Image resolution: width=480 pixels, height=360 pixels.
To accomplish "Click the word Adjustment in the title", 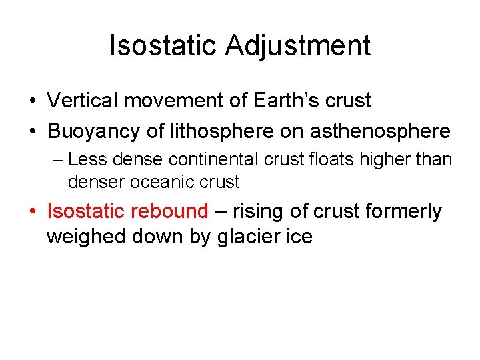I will tap(297, 46).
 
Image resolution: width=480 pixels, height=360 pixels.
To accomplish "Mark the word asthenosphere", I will tap(379, 131).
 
